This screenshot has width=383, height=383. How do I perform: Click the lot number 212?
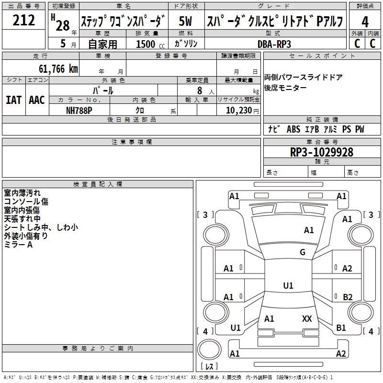[x=23, y=21]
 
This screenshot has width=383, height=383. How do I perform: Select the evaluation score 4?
[x=365, y=22]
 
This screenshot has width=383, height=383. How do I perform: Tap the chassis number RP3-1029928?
[x=321, y=152]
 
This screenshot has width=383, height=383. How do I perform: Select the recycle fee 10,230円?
[x=238, y=110]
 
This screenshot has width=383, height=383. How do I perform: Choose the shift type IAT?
[x=13, y=100]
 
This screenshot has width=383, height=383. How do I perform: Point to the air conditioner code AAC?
[x=37, y=100]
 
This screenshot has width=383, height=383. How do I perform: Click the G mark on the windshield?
[x=303, y=252]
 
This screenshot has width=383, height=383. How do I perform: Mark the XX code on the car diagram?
[x=307, y=318]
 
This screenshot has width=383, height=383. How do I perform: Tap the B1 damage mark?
[x=341, y=328]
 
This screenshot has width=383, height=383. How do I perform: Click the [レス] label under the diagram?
[x=209, y=367]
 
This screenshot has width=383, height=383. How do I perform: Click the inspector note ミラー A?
[x=18, y=245]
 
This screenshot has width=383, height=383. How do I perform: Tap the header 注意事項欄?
[x=131, y=142]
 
